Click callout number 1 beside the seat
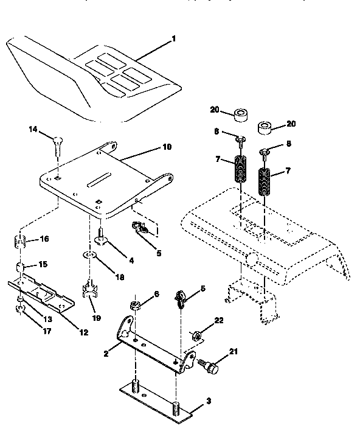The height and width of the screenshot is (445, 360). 174,39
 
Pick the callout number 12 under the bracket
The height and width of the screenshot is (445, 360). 83,332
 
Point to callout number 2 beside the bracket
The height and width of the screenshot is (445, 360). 106,352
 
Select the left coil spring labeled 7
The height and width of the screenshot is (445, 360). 242,170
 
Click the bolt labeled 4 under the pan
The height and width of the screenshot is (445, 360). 100,236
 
